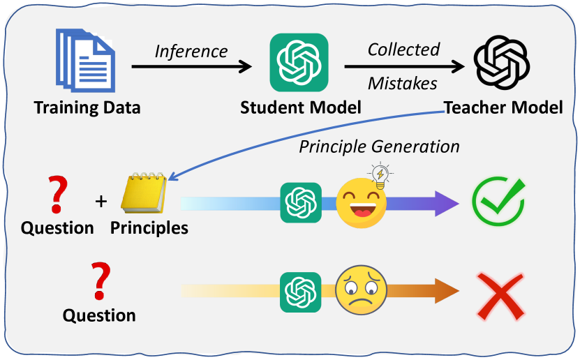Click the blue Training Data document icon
83,61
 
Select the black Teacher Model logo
501,61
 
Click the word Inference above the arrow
191,52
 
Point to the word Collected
403,50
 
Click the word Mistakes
402,84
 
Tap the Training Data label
87,107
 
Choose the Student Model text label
300,107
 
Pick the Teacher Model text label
503,107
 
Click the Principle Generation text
379,147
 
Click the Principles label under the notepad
149,227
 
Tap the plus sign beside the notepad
102,202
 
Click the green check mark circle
498,202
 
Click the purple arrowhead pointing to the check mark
445,202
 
